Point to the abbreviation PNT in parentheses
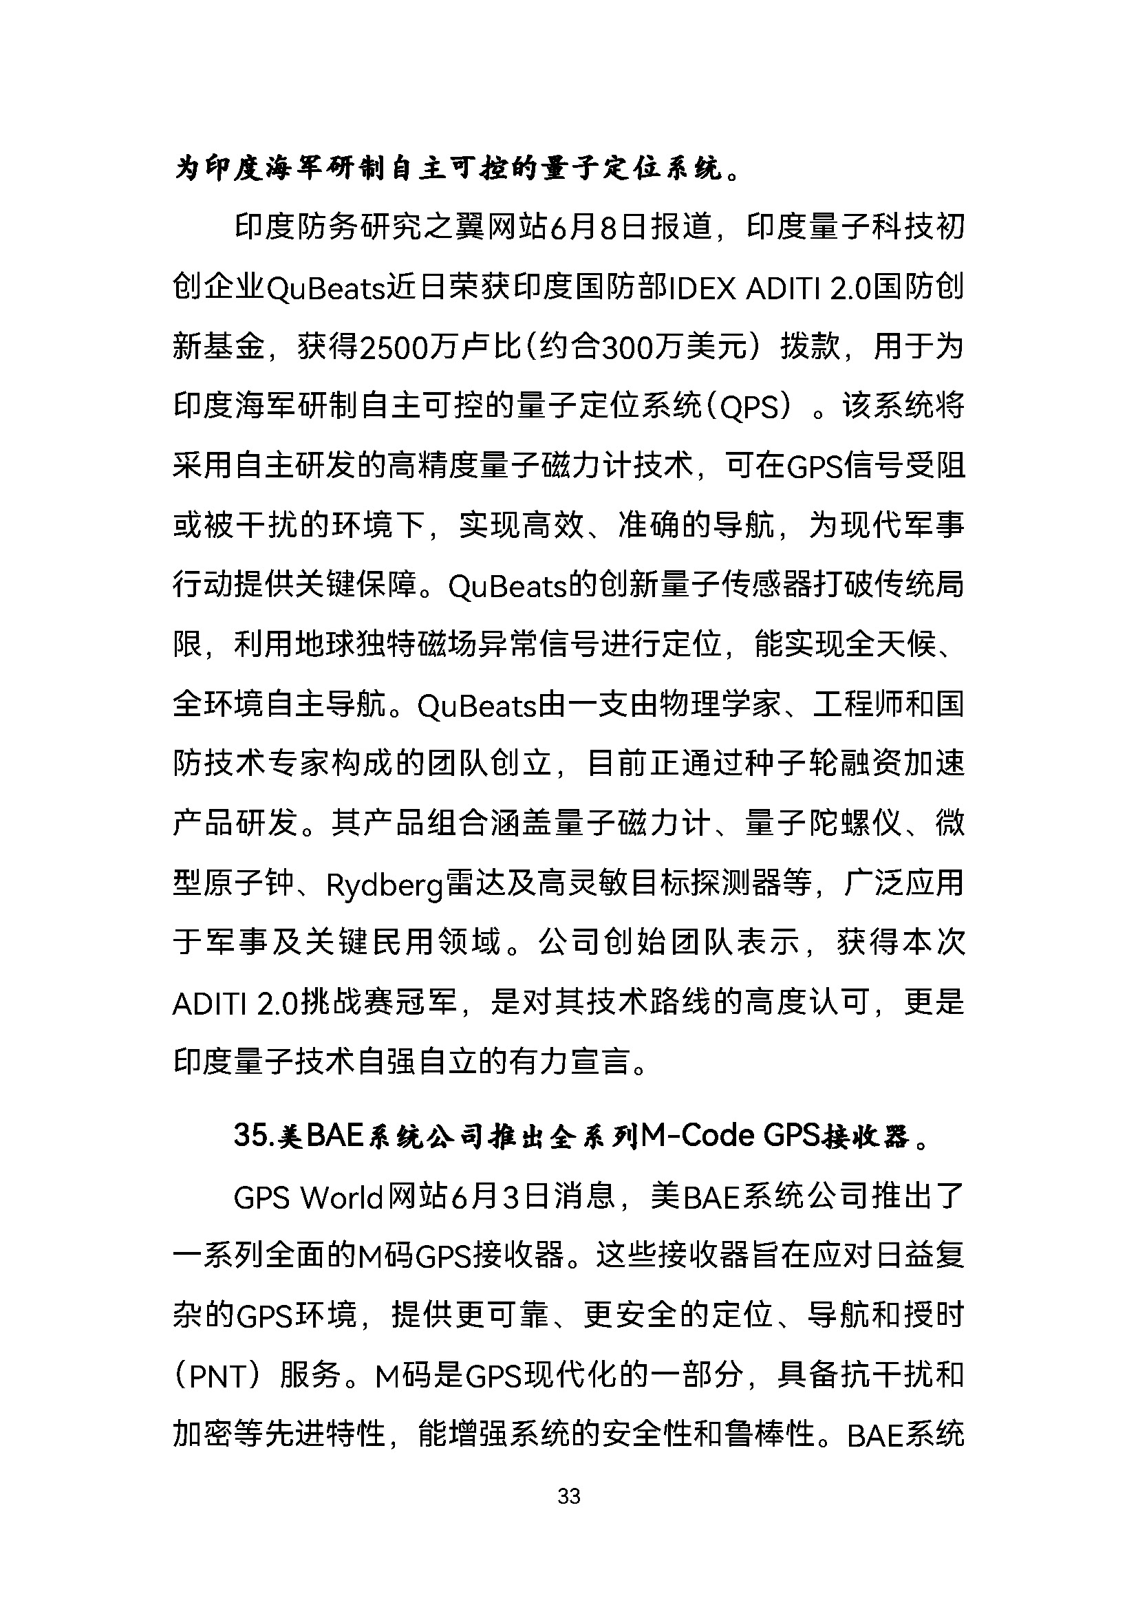(218, 1377)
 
